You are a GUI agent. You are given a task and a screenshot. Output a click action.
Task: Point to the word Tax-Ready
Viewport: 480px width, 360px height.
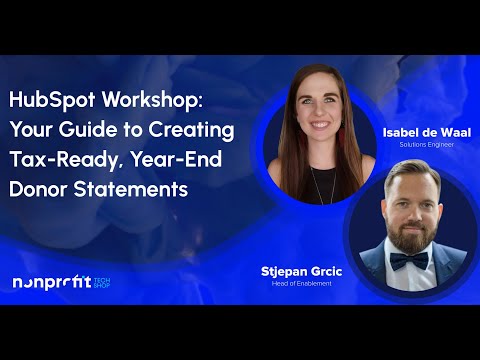55,160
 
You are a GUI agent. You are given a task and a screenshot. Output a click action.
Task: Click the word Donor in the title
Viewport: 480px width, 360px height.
39,189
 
